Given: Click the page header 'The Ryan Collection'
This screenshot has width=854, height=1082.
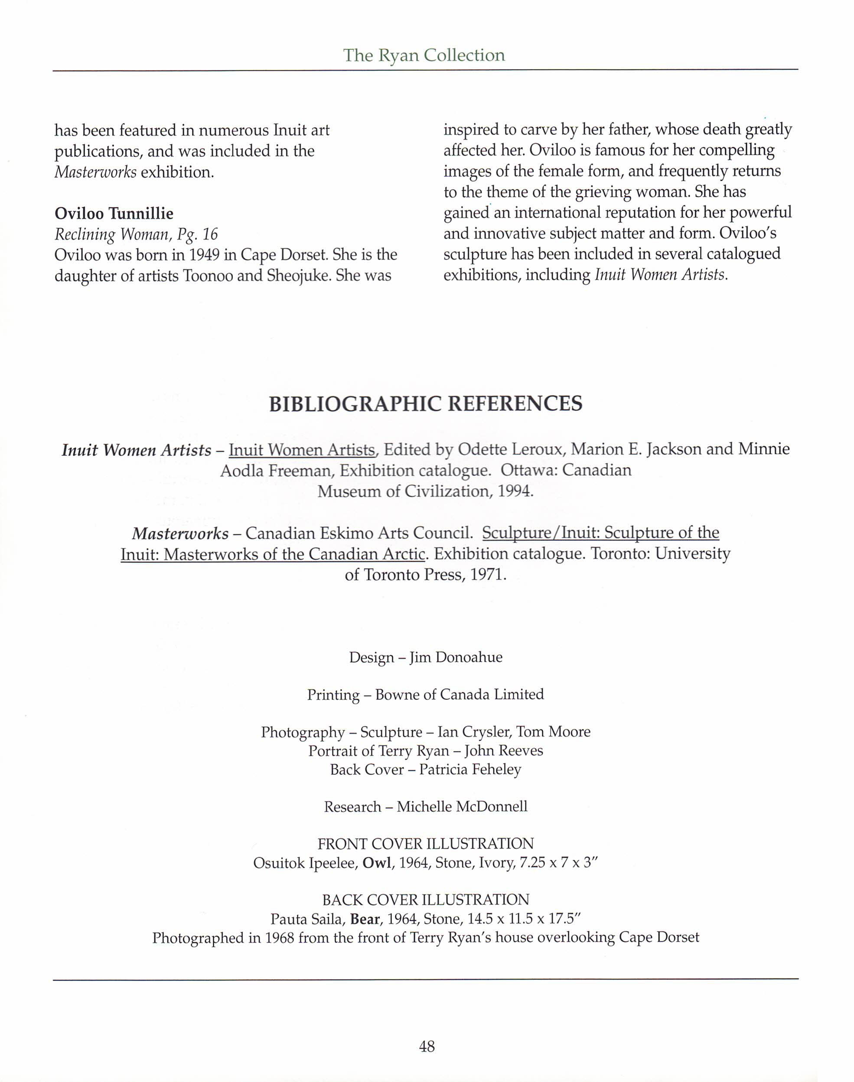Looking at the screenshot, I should pyautogui.click(x=424, y=55).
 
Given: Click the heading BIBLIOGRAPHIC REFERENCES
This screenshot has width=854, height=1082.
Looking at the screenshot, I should pyautogui.click(x=426, y=404).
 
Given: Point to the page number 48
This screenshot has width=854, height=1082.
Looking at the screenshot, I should pyautogui.click(x=427, y=1046).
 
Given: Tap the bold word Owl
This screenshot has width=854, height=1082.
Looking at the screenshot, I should pyautogui.click(x=377, y=863).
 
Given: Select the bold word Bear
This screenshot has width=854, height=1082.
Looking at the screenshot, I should pyautogui.click(x=365, y=919).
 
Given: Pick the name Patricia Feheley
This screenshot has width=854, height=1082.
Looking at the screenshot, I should pyautogui.click(x=470, y=769).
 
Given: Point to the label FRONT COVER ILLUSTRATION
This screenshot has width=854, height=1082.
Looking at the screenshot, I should pyautogui.click(x=426, y=844).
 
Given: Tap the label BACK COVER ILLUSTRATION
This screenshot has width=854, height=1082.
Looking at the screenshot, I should pyautogui.click(x=426, y=900).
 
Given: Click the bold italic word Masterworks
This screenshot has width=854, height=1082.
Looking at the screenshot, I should pyautogui.click(x=180, y=534).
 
